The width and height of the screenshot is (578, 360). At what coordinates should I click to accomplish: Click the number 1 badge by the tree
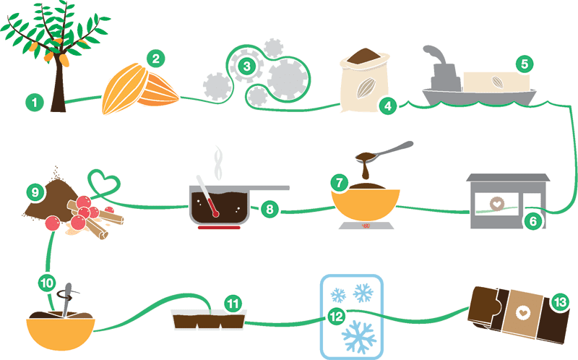point(35,102)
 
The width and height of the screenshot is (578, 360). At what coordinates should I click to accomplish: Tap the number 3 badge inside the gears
point(246,66)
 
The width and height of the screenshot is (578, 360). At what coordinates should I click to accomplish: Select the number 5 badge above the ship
point(525,64)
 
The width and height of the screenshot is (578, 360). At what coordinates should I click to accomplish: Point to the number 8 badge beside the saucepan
point(269,209)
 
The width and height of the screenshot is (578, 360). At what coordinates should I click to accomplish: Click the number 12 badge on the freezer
point(336,317)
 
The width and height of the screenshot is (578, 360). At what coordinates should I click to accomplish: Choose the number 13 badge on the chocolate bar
point(559,302)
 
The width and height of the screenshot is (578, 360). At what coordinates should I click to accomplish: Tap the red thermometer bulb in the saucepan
point(215,213)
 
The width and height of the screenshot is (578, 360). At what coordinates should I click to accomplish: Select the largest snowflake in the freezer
point(358,336)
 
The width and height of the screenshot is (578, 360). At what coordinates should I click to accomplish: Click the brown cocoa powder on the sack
point(364,56)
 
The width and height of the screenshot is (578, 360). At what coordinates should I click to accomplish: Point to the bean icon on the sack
point(366,87)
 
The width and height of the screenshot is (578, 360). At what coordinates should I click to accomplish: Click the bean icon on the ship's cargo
point(497,82)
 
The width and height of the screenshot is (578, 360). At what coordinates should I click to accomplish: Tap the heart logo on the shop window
point(497,204)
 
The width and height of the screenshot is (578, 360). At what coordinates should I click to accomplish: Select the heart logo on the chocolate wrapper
point(522,313)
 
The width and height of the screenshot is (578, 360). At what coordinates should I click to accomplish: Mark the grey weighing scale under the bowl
point(366,226)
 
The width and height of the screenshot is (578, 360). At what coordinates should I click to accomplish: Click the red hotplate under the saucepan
point(219,228)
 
